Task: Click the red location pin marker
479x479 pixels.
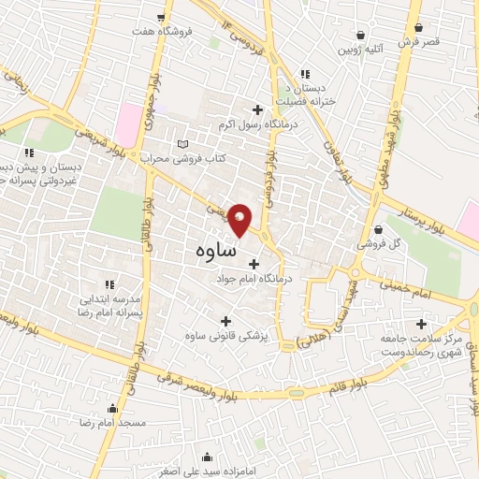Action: click(x=240, y=220)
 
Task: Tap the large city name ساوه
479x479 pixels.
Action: click(x=216, y=251)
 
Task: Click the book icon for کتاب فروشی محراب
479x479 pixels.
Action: click(x=182, y=143)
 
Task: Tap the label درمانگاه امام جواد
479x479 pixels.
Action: click(x=254, y=279)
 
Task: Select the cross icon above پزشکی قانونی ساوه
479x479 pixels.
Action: click(x=225, y=321)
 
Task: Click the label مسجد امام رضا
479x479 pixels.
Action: click(x=113, y=424)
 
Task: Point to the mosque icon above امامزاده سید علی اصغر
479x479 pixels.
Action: click(x=208, y=457)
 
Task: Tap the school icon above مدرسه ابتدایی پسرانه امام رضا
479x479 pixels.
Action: click(x=110, y=284)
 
